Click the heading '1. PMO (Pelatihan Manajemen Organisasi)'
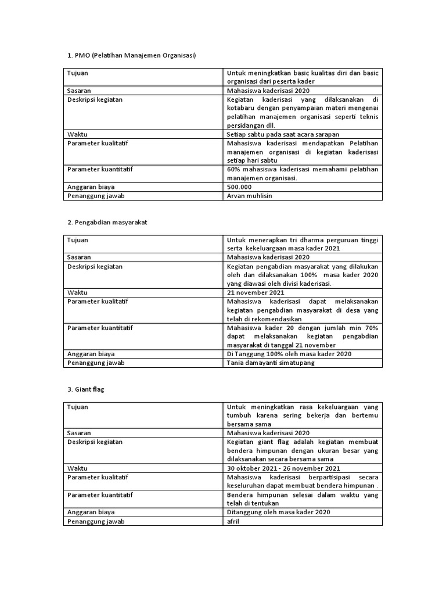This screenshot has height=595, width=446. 132,56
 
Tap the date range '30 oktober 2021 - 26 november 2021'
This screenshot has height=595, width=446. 284,468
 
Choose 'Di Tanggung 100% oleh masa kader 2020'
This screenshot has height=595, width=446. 289,354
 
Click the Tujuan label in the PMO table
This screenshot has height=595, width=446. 78,73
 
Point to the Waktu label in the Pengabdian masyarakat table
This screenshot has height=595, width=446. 77,292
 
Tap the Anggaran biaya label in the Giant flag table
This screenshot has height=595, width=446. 91,512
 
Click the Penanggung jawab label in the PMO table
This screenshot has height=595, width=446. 96,196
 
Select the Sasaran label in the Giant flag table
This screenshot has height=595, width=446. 79,433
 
